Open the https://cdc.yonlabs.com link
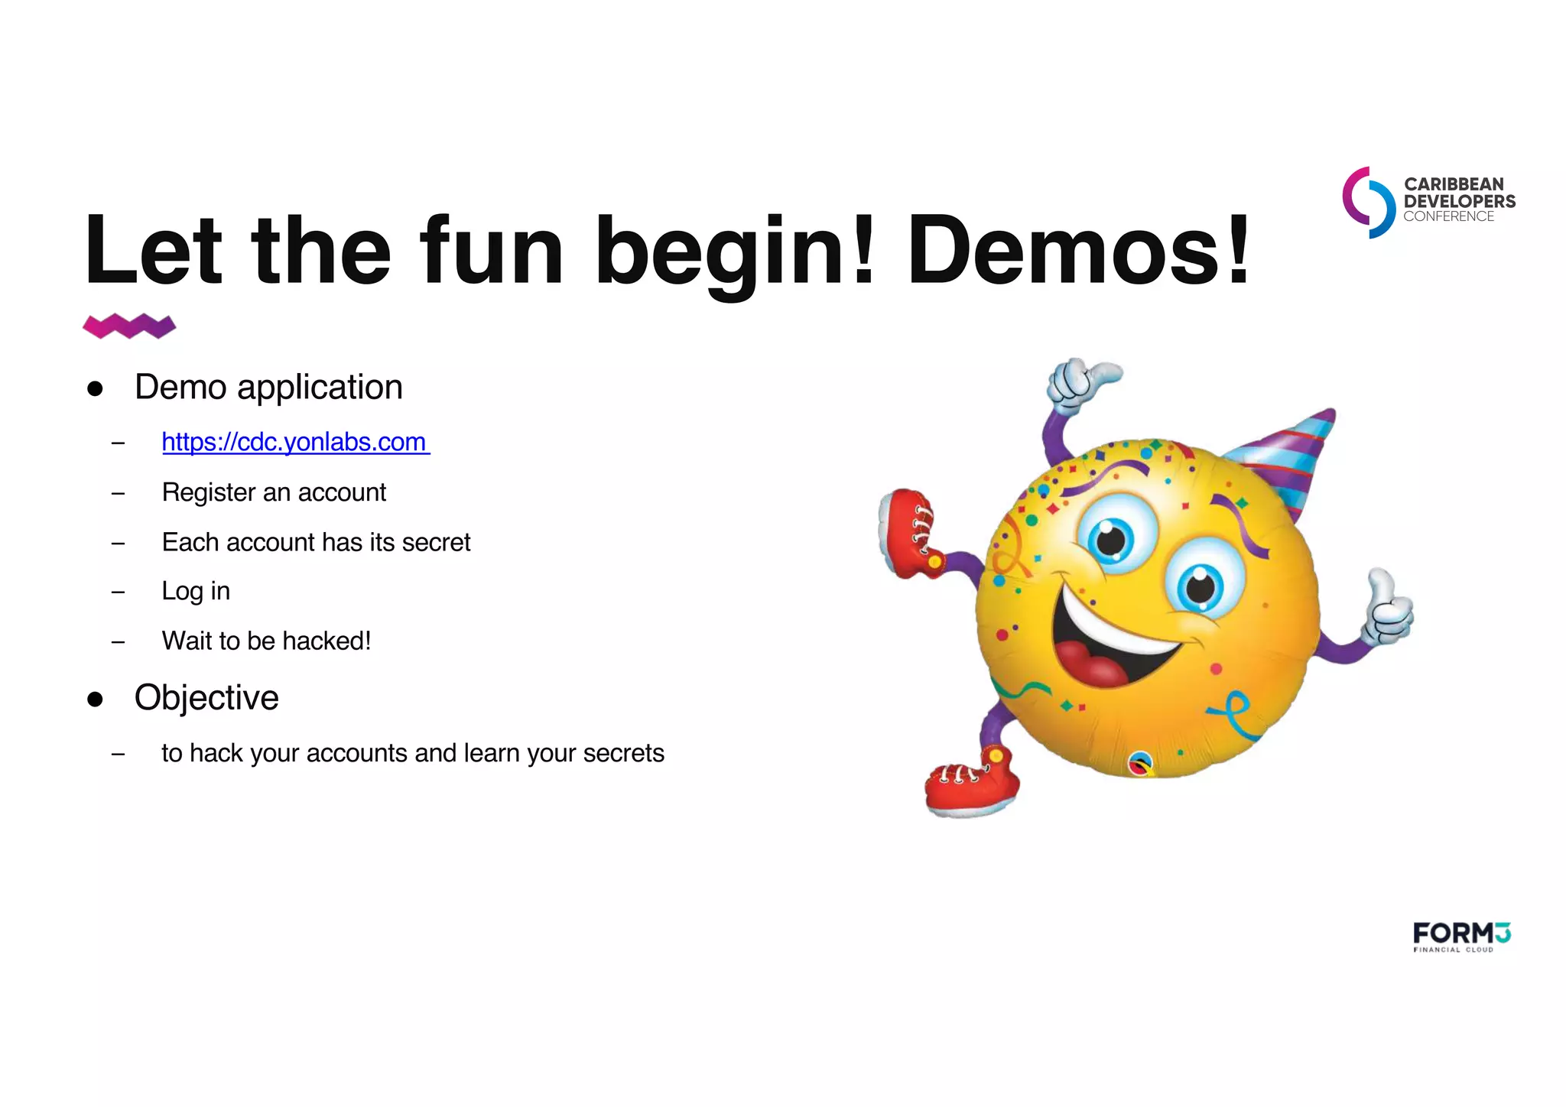pyautogui.click(x=295, y=442)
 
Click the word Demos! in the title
pyautogui.click(x=1078, y=250)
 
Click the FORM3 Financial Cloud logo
pyautogui.click(x=1461, y=937)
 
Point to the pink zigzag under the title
pyautogui.click(x=129, y=326)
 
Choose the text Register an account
pyautogui.click(x=274, y=492)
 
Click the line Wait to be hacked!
pyautogui.click(x=266, y=641)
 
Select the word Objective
pyautogui.click(x=206, y=697)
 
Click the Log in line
pyautogui.click(x=196, y=591)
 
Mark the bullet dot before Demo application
pyautogui.click(x=95, y=388)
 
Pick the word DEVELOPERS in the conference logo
pyautogui.click(x=1459, y=201)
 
